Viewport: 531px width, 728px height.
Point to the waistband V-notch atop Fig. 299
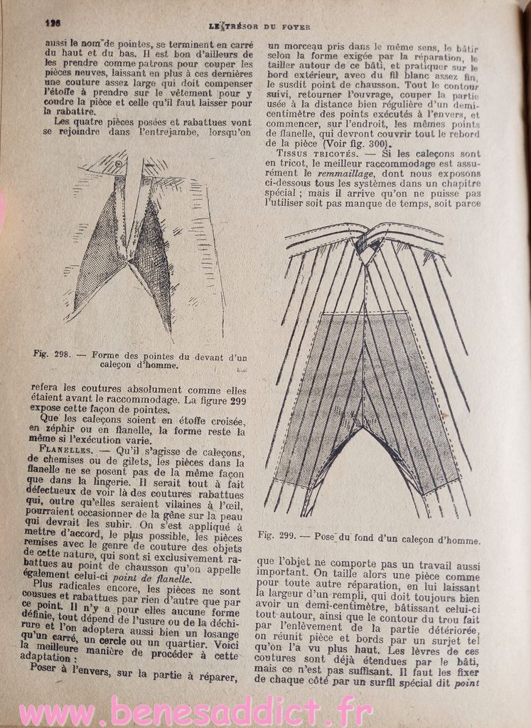pyautogui.click(x=368, y=255)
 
